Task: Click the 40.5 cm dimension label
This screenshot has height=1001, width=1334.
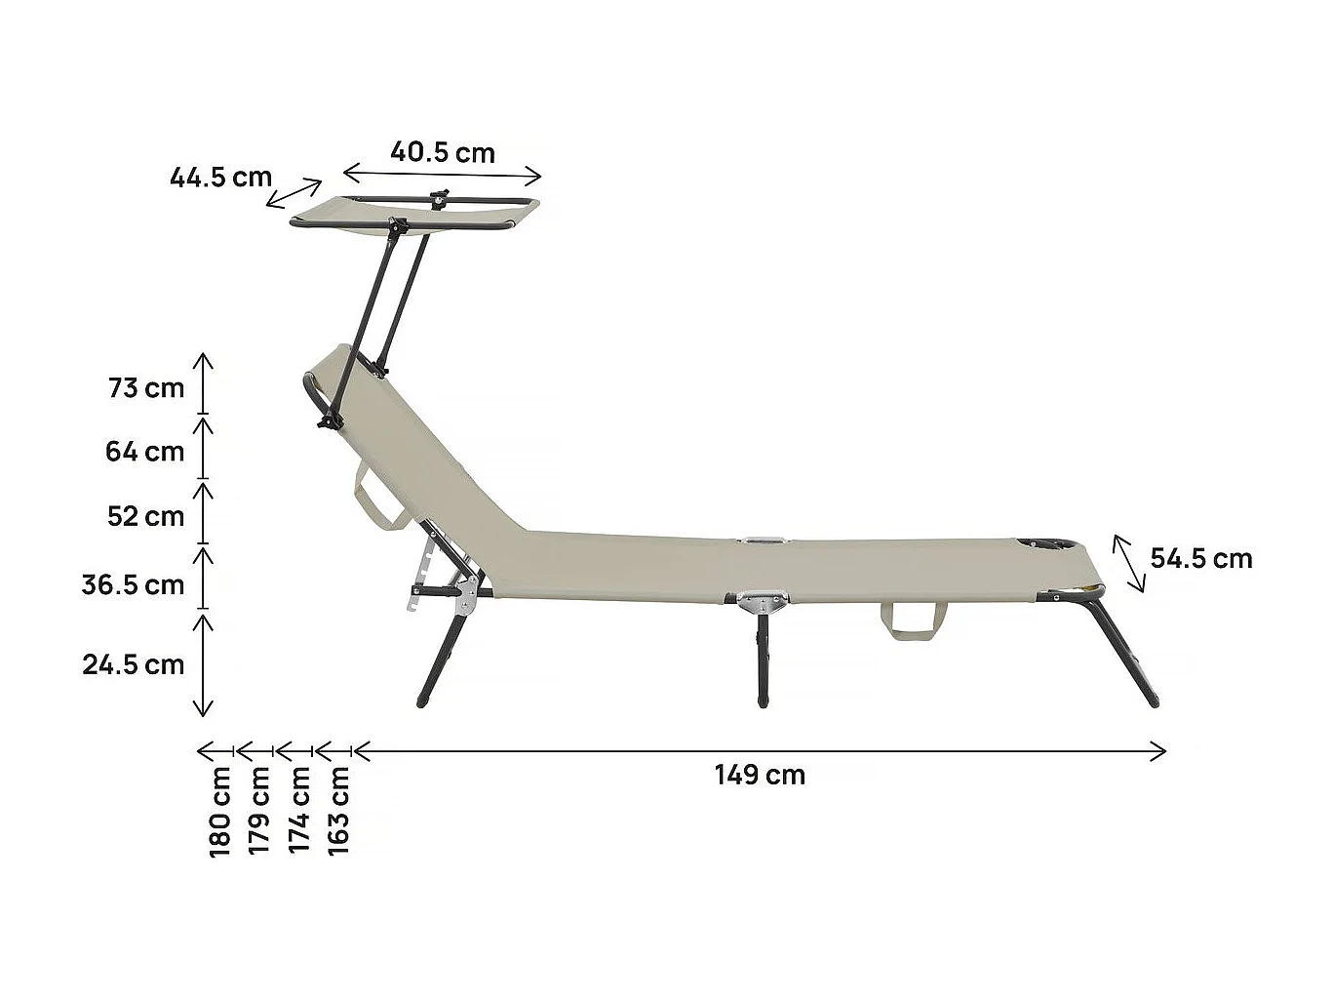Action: [x=443, y=152]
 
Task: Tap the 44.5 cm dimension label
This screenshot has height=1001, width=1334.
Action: [x=220, y=177]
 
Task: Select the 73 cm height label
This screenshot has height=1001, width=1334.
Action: [x=146, y=387]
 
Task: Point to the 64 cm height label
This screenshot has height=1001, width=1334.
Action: [x=144, y=452]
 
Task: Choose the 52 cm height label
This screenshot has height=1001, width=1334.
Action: [x=145, y=515]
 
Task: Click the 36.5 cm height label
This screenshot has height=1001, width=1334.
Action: [x=133, y=584]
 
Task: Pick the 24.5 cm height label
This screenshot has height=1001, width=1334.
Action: [x=133, y=664]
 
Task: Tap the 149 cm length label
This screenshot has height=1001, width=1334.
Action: [x=760, y=775]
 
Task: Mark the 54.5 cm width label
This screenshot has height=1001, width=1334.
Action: [x=1201, y=558]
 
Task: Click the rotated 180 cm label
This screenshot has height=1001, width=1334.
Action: [x=220, y=812]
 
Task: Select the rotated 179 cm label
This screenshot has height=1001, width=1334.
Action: [x=259, y=812]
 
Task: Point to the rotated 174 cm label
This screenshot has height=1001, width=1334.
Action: [x=299, y=812]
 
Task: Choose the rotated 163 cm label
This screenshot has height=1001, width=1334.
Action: [x=338, y=812]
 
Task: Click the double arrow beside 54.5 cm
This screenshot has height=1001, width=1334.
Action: [x=1129, y=563]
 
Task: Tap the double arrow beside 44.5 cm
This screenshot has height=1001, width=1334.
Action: [x=294, y=192]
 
